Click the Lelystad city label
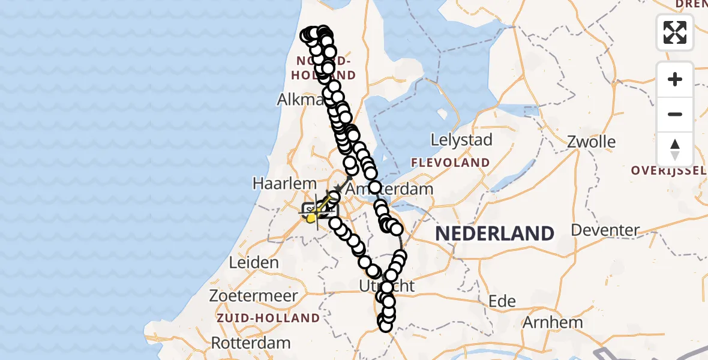tap(461, 140)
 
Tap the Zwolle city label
tap(593, 142)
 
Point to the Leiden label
tap(254, 263)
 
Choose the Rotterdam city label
tap(251, 343)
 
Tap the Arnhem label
tap(553, 322)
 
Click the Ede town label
tap(502, 301)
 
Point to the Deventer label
tap(605, 230)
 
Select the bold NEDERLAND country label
tap(494, 233)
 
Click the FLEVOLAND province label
tap(450, 163)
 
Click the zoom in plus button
tap(675, 79)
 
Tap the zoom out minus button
tap(675, 114)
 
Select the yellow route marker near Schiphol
tap(311, 218)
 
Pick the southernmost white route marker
tap(385, 325)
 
